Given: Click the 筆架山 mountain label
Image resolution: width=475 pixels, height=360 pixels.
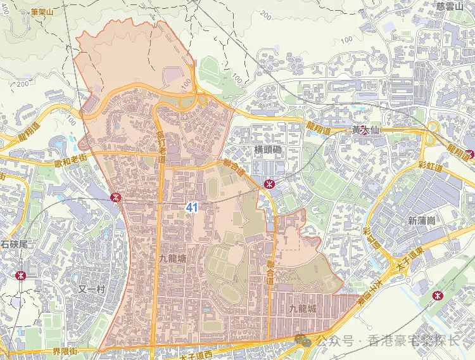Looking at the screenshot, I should click(x=42, y=11).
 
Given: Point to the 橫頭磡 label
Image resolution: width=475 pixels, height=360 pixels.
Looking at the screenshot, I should click(x=267, y=150).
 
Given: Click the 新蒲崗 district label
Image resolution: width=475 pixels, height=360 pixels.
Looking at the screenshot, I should click(x=421, y=221).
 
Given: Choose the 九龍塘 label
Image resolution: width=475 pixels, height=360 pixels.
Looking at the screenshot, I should click(x=173, y=259).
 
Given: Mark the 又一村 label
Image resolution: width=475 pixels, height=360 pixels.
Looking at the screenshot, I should click(x=90, y=289).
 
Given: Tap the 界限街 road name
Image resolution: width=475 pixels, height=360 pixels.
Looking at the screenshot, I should click(x=65, y=350).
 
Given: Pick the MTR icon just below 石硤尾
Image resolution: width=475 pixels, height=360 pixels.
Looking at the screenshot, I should click(x=20, y=276).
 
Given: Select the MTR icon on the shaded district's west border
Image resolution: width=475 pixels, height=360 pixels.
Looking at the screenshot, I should click(x=115, y=197).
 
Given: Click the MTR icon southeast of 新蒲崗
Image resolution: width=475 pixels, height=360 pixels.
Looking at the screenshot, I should click(x=436, y=295).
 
